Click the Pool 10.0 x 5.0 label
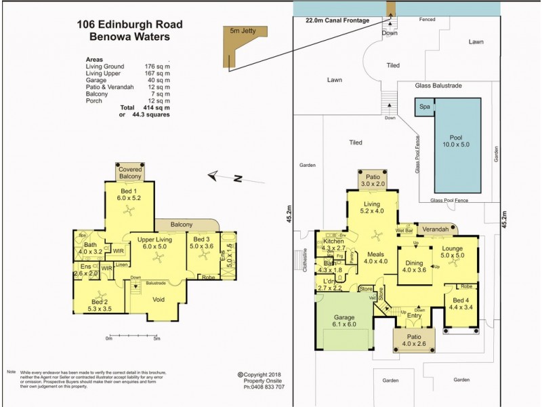pos(451,140)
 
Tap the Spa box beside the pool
pos(425,107)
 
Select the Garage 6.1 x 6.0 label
pos(343,319)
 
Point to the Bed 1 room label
pos(128,194)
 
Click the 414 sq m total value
pos(155,108)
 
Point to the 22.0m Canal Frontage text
pos(338,20)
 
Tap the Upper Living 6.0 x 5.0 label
pos(152,243)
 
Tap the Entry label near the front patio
pos(415,315)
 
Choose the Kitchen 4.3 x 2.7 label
pos(334,245)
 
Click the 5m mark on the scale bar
pos(156,339)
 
